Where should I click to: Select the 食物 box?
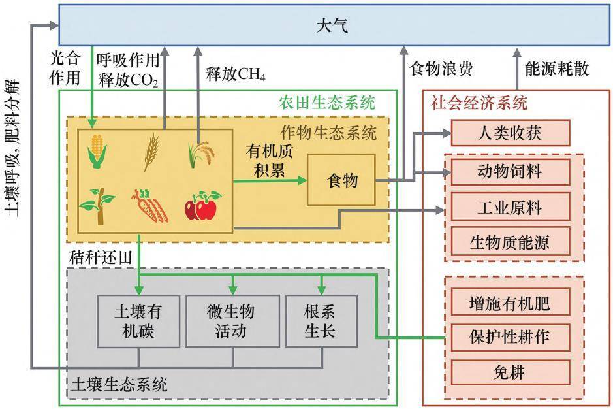342,180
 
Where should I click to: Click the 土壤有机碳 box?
138,321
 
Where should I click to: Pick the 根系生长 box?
321,321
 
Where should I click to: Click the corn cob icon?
97,151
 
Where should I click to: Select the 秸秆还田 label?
101,257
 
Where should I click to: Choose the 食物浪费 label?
441,69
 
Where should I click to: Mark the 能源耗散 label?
557,69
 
